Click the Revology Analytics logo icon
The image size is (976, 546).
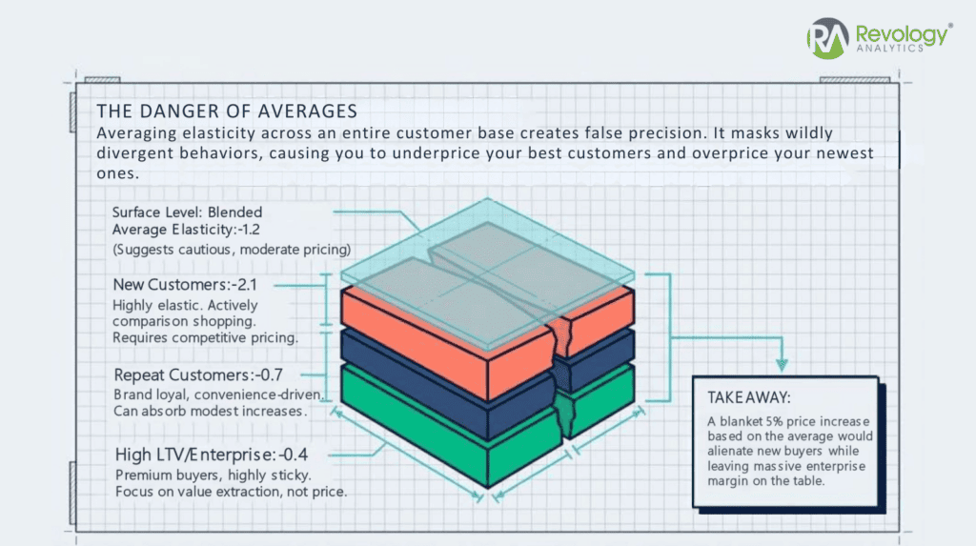(x=826, y=39)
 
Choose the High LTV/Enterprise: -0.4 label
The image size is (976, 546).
(x=211, y=455)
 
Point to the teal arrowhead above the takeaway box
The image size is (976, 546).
(x=782, y=363)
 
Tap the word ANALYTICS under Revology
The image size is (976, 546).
(x=890, y=51)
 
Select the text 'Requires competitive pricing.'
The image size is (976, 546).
(x=206, y=337)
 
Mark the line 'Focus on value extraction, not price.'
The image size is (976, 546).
(x=231, y=492)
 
